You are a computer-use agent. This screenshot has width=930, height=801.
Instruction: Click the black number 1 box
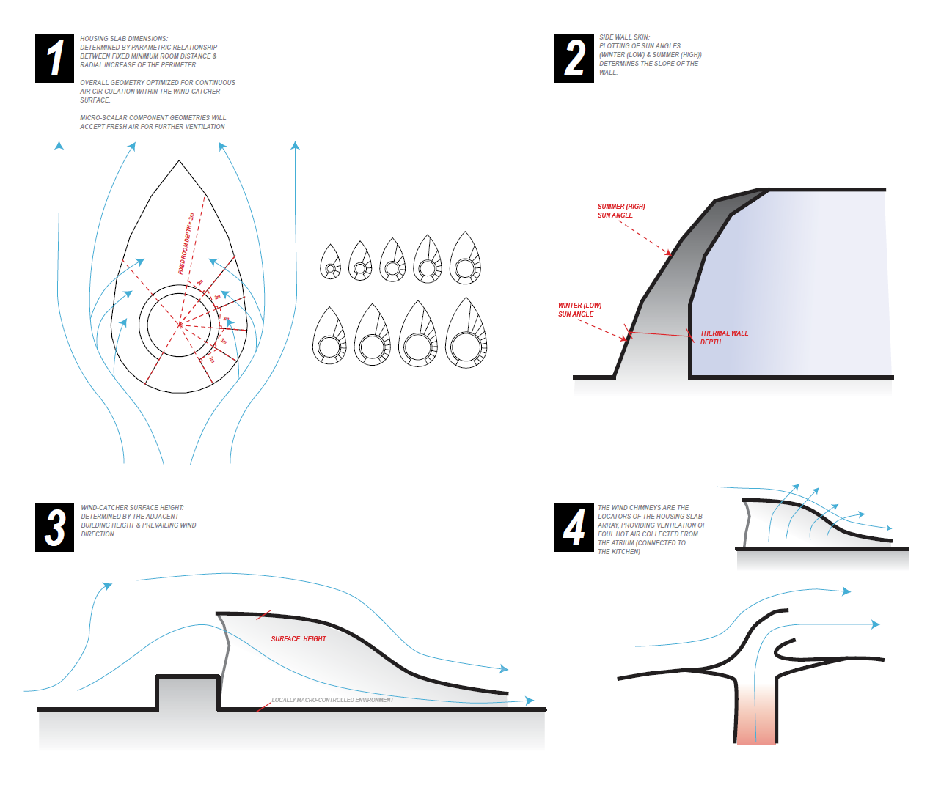(x=54, y=58)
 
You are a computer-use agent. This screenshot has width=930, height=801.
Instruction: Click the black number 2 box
(x=574, y=58)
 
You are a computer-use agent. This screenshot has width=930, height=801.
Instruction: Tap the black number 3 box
(x=54, y=527)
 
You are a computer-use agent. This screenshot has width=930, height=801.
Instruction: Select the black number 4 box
(x=574, y=527)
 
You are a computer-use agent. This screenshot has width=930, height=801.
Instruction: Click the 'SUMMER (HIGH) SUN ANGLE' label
(x=620, y=211)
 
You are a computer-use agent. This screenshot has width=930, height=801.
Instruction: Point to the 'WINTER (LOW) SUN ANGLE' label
(x=579, y=310)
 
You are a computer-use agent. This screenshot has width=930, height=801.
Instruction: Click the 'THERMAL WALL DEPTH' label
(x=723, y=337)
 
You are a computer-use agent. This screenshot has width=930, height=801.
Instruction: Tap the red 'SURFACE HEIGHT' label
(x=299, y=639)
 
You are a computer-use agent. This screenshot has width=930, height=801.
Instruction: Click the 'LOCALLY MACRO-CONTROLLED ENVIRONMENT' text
(x=332, y=700)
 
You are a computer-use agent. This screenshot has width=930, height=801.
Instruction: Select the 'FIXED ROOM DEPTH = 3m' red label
(x=186, y=244)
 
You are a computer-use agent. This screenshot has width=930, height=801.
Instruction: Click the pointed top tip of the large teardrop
(x=179, y=161)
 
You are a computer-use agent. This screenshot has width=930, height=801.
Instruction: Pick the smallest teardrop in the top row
(x=331, y=262)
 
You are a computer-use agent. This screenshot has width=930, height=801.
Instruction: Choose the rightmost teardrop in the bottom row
(x=466, y=335)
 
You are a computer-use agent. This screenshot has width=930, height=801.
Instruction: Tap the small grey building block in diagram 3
(x=188, y=693)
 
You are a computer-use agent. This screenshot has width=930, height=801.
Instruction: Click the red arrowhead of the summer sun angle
(x=669, y=254)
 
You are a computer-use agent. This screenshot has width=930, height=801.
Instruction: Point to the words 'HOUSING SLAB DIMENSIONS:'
(x=123, y=39)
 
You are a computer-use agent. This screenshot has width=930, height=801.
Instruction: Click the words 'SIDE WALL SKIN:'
(x=624, y=37)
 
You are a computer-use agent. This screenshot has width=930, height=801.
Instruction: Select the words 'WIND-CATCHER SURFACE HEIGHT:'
(x=132, y=508)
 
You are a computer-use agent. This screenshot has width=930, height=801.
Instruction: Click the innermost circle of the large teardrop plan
(x=179, y=324)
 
